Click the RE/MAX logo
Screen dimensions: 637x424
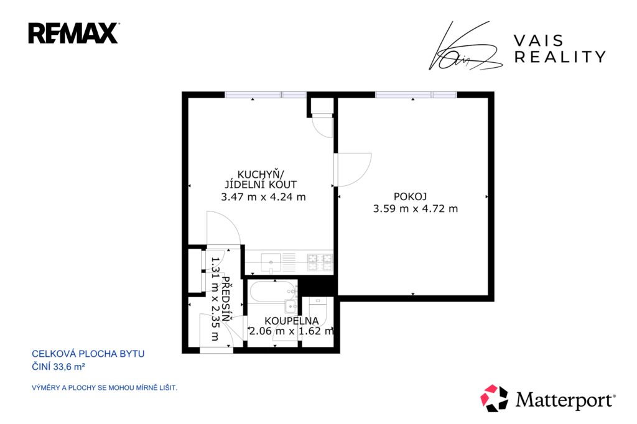coord(73,34)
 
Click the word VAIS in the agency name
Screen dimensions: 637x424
coord(539,40)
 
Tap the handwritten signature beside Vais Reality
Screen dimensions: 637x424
coord(465,45)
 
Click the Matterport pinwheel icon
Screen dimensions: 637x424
coord(494,398)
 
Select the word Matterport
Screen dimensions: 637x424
coord(565,400)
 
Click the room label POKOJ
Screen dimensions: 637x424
coord(411,197)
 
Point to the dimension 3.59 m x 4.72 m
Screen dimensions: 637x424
coord(415,209)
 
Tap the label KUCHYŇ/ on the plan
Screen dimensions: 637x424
coord(261,175)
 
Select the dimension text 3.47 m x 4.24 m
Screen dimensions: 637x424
coord(263,197)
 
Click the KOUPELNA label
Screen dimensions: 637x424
coord(292,321)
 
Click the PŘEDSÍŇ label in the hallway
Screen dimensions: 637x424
coord(226,299)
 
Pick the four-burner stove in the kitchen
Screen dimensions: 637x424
coord(320,262)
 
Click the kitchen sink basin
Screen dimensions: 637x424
coord(271,262)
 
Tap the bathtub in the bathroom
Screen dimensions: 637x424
coord(273,292)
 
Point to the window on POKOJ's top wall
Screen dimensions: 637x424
coord(416,94)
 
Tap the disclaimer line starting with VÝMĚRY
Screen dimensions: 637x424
coord(105,388)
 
